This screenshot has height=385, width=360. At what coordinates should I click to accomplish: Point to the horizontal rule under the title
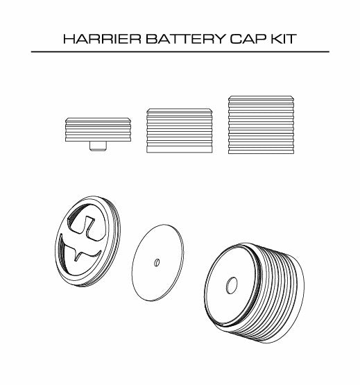180,52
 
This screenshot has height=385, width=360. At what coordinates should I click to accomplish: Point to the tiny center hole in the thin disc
157,262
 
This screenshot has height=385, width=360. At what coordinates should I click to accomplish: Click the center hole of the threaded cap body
231,285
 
